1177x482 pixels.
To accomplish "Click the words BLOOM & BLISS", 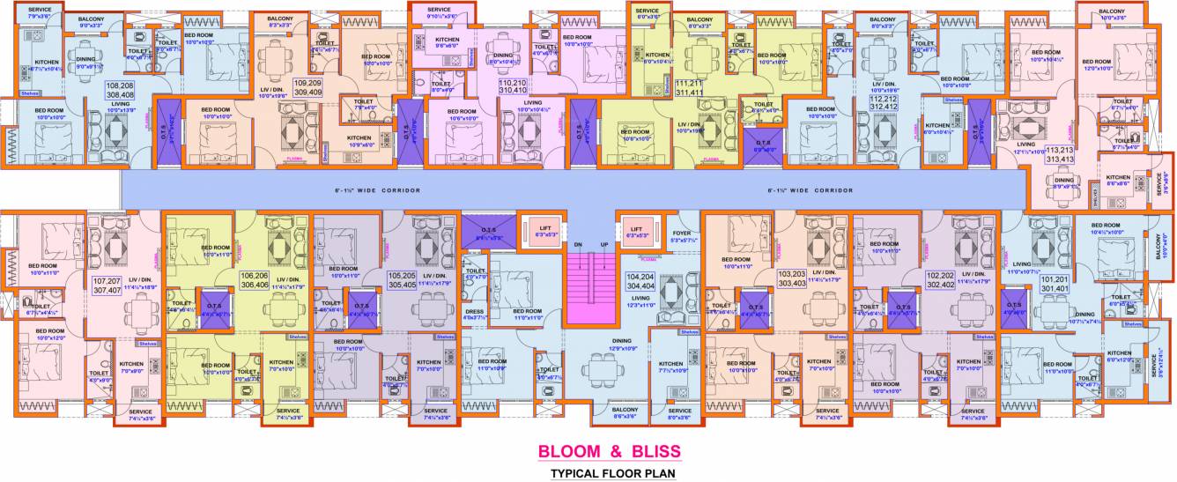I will (x=610, y=452).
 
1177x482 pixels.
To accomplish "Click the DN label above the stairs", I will (x=578, y=244).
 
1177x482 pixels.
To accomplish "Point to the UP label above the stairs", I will (x=604, y=244).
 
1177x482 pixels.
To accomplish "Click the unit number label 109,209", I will (x=307, y=85).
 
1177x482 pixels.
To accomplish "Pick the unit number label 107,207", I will (x=107, y=285).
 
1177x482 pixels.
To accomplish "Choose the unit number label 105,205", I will (x=402, y=280).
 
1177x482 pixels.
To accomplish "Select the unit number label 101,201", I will (x=1055, y=282).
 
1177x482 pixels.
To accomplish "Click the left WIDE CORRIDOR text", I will (x=377, y=190).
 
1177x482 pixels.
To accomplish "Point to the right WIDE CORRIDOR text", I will (x=811, y=190).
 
